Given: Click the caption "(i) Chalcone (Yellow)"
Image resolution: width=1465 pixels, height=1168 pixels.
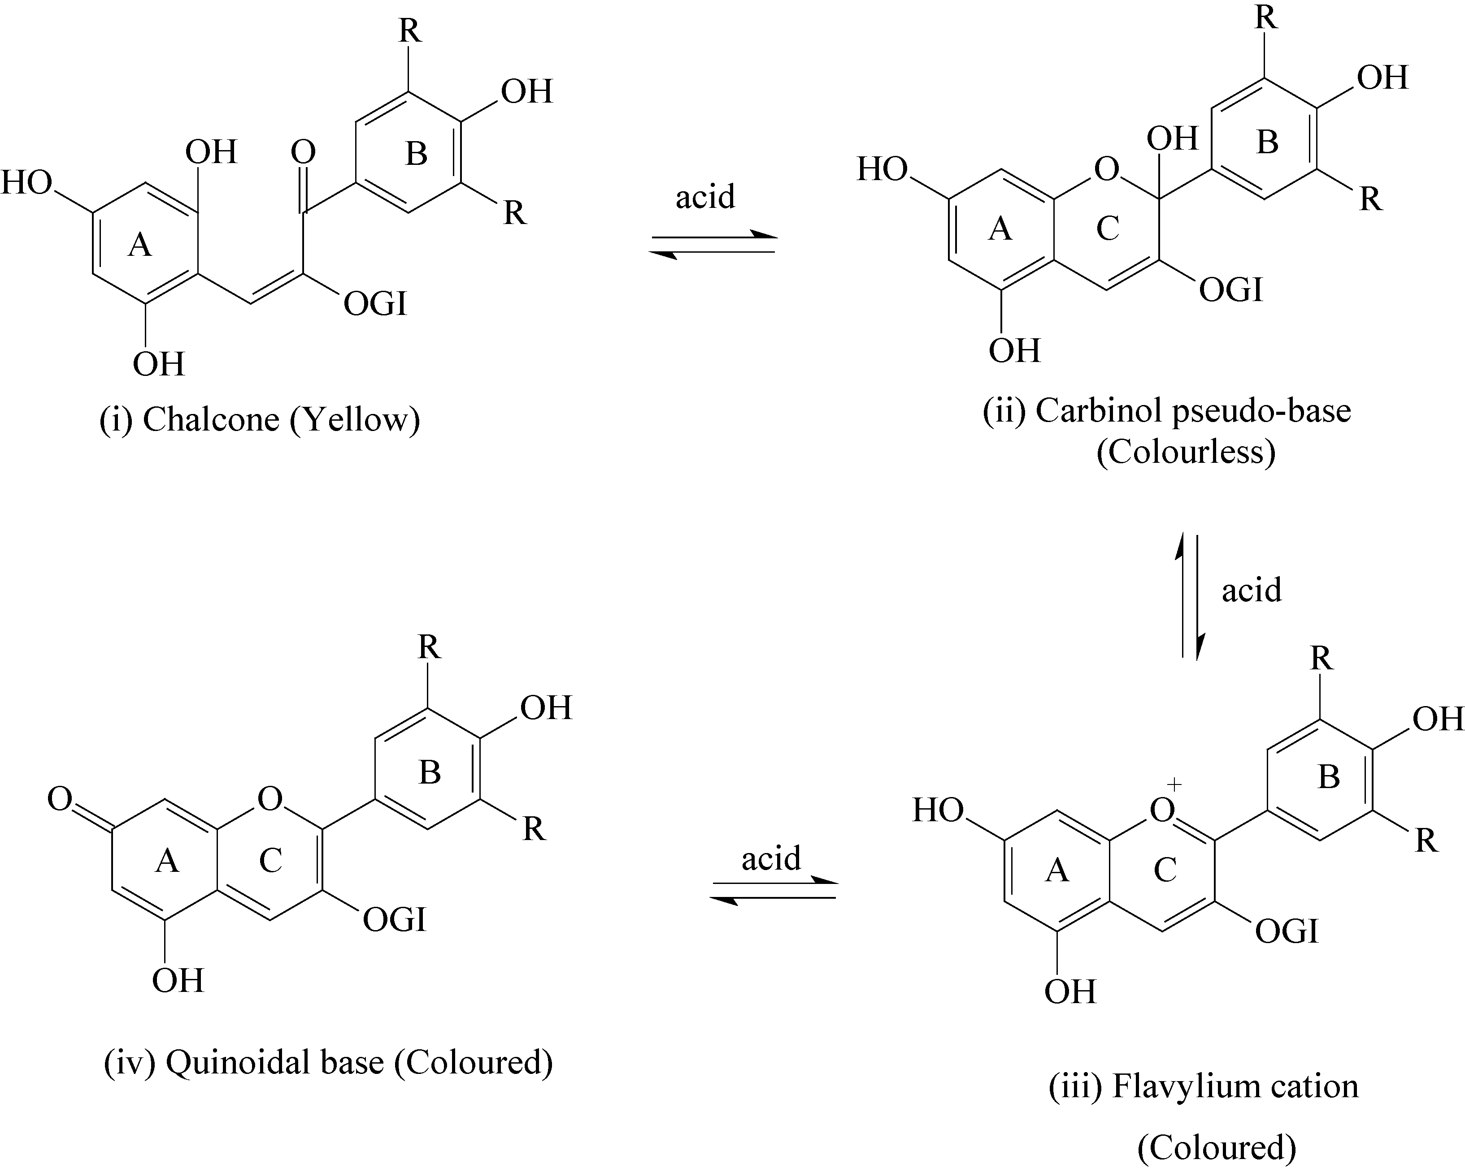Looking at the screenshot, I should click(x=260, y=420).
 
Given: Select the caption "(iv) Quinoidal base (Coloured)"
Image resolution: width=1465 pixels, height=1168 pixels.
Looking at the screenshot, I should click(x=328, y=1062).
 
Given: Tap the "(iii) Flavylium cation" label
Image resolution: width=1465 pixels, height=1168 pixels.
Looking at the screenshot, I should click(x=1204, y=1086).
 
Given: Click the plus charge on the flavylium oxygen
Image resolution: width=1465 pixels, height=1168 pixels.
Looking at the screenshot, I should click(x=1174, y=784).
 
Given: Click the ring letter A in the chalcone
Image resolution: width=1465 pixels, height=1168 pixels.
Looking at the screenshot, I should click(x=139, y=245).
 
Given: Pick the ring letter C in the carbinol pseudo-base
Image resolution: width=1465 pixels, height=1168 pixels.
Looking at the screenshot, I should click(x=1108, y=229).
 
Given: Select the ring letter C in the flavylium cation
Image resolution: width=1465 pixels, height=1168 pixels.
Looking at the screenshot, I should click(x=1165, y=870).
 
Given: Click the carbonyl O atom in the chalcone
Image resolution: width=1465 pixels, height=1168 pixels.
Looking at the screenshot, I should click(x=303, y=152).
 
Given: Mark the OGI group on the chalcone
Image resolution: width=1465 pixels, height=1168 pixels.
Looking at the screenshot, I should click(x=375, y=304).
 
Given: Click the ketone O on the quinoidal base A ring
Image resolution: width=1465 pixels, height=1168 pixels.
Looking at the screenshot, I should click(x=60, y=799).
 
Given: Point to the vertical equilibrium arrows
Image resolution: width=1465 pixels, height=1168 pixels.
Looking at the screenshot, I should click(x=1190, y=597).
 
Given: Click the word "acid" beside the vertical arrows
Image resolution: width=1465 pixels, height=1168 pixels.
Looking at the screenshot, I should click(x=1252, y=590).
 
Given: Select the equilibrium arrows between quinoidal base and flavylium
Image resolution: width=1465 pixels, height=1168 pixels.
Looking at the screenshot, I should click(x=773, y=890).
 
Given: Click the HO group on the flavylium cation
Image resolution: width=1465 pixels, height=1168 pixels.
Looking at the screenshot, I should click(x=938, y=810).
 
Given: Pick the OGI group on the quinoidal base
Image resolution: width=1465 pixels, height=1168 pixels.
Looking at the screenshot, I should click(x=394, y=920).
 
